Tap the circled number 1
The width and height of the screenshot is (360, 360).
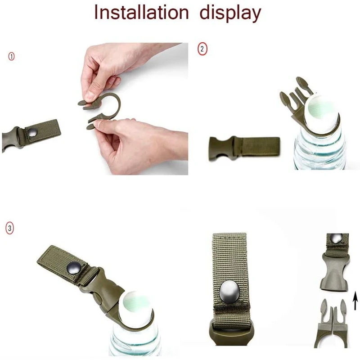[x=11, y=56]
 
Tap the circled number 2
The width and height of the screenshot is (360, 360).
[x=202, y=49]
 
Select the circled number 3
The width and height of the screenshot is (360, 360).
[x=9, y=228]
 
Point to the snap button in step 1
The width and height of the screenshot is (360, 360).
[x=33, y=132]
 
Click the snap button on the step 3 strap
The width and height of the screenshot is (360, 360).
[x=74, y=268]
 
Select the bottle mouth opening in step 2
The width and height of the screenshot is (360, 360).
[x=322, y=108]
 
